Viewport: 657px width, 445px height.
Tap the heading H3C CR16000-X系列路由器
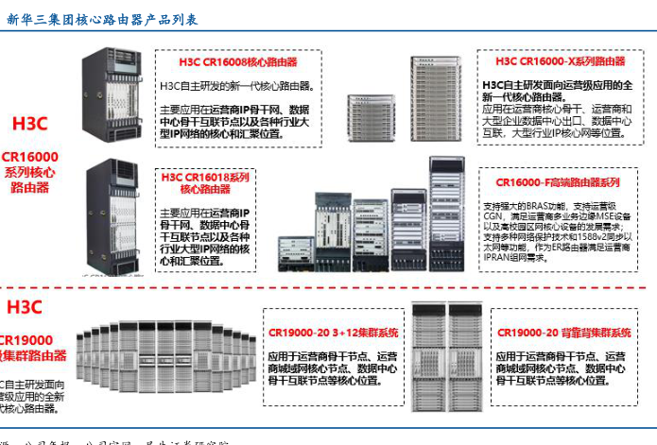click(x=560, y=61)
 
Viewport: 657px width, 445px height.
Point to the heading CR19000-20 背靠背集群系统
click(x=562, y=334)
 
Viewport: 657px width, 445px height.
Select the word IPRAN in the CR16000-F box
click(x=502, y=255)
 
